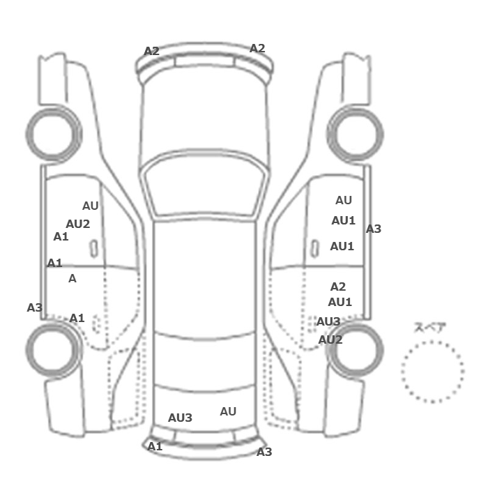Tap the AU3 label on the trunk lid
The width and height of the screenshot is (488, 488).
(180, 418)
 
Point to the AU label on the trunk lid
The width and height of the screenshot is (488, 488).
(228, 411)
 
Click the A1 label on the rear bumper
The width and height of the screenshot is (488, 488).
(155, 447)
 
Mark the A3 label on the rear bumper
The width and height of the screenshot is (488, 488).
(264, 452)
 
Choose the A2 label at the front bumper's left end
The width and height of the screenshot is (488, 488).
(151, 51)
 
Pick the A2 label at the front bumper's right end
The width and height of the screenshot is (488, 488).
(257, 48)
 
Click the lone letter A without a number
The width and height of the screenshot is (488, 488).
(73, 279)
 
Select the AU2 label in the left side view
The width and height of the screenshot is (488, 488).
(78, 224)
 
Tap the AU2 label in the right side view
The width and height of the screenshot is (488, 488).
(330, 340)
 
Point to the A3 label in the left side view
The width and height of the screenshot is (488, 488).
(35, 308)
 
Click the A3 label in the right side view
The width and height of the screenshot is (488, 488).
(374, 229)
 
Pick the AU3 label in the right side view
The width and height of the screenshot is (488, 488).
(328, 321)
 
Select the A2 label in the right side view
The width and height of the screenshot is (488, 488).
(338, 287)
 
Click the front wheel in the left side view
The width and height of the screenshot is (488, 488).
(54, 135)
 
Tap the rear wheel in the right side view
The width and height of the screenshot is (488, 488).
(355, 349)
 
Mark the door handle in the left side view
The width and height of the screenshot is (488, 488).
(93, 249)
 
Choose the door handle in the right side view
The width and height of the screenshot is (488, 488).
(315, 249)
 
